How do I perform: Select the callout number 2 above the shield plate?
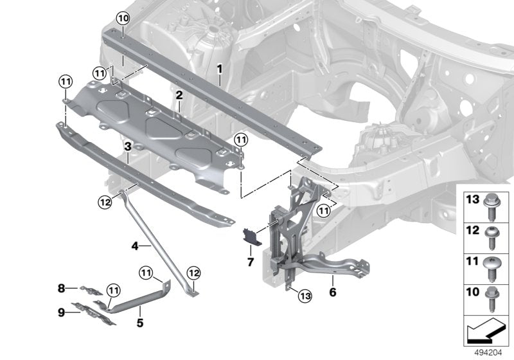coord(180,96)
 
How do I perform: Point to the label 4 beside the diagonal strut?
coord(135,245)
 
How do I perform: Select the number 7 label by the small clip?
coord(251,262)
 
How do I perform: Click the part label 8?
coord(62,287)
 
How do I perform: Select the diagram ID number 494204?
coord(488,353)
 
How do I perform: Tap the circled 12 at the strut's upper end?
coord(105,203)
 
